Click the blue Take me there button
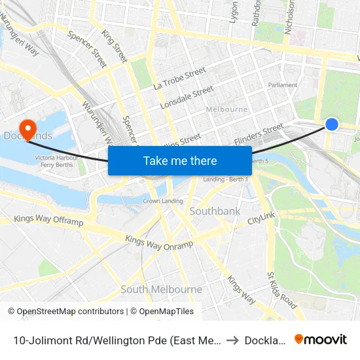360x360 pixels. (180, 160)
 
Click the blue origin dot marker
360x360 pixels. (332, 124)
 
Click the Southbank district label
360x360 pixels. (215, 211)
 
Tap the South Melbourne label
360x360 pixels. (161, 289)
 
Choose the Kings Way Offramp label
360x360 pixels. (48, 221)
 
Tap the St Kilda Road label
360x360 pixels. (282, 291)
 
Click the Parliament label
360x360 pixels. (283, 85)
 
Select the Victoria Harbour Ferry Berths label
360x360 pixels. (56, 161)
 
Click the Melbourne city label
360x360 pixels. (226, 109)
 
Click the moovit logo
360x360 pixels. (321, 339)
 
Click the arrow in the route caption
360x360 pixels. (232, 340)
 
